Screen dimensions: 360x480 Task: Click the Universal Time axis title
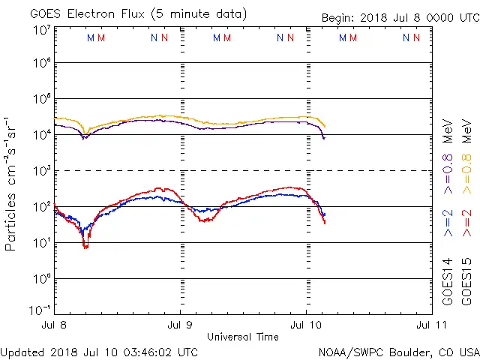(x=243, y=337)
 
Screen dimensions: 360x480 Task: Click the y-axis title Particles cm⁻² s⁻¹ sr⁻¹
(x=10, y=183)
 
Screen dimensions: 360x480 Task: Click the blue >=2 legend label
(x=448, y=223)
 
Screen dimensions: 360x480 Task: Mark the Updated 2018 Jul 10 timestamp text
(x=100, y=351)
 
